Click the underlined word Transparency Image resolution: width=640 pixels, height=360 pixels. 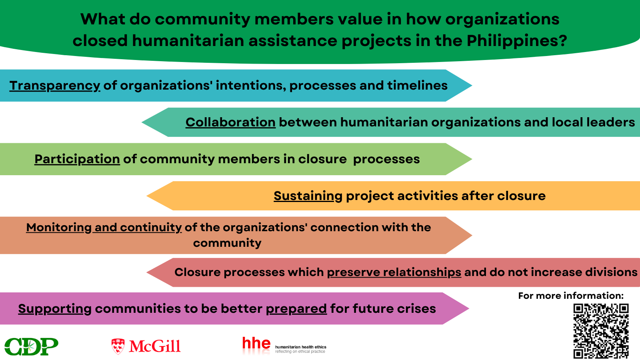click(55, 86)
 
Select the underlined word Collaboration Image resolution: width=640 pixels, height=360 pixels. click(230, 122)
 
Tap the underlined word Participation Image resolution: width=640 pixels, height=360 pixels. click(77, 160)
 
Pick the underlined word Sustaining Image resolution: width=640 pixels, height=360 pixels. click(308, 196)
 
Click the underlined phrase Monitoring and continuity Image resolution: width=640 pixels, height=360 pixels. click(104, 228)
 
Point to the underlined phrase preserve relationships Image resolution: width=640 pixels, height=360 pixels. click(394, 272)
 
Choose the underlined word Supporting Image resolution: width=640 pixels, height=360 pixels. click(55, 309)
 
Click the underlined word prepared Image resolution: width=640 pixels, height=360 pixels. click(296, 309)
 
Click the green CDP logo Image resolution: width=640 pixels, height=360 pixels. click(32, 346)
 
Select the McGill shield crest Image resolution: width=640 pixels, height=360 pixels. click(118, 346)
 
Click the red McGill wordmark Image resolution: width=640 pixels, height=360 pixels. click(154, 346)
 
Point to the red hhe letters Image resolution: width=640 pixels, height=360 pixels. click(256, 343)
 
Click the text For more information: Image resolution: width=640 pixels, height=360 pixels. click(571, 296)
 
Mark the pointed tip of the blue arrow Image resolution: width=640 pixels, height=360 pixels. click(472, 86)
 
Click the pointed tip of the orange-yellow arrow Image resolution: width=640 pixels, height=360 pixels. click(147, 196)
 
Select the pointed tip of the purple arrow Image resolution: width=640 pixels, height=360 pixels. click(469, 308)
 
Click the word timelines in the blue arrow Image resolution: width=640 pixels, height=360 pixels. click(418, 86)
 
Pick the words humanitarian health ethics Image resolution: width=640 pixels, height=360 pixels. click(300, 347)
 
